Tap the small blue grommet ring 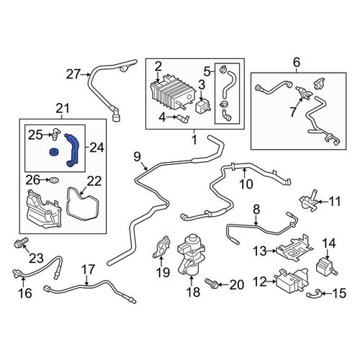[53, 153]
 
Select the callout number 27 [73, 74]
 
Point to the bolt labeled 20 [212, 283]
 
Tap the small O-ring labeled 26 [53, 180]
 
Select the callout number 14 [329, 244]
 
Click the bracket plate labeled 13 [294, 249]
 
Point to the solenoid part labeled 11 [309, 201]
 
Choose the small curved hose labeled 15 [312, 293]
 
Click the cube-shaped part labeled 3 [201, 106]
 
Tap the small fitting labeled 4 [183, 118]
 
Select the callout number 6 [297, 63]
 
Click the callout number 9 [137, 157]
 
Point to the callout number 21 [63, 108]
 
